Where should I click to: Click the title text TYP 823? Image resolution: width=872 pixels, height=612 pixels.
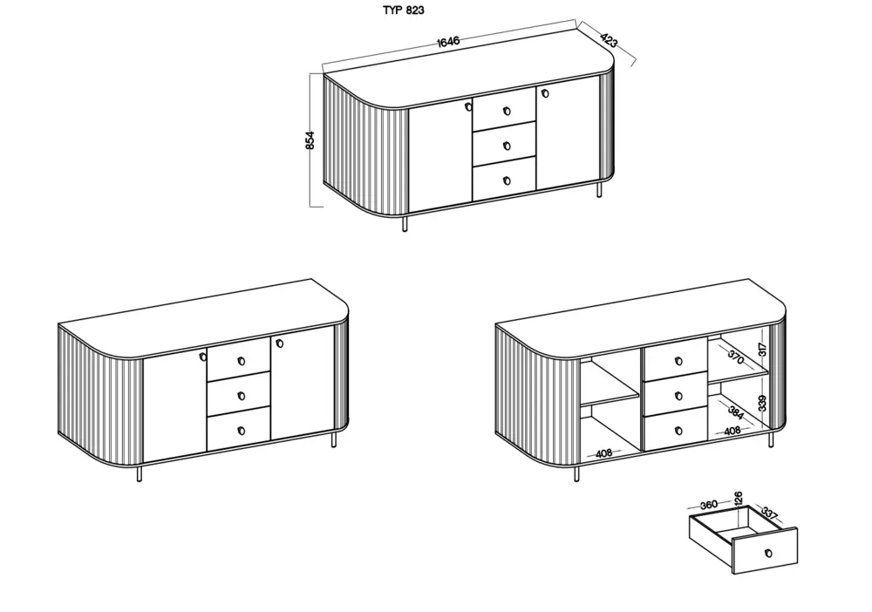pyautogui.click(x=404, y=11)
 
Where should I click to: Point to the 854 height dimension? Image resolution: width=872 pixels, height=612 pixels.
pyautogui.click(x=310, y=141)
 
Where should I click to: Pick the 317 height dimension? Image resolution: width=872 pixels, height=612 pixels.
pyautogui.click(x=762, y=351)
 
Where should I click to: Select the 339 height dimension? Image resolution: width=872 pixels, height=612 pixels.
pyautogui.click(x=762, y=403)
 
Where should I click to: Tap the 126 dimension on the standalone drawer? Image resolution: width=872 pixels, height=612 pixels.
pyautogui.click(x=738, y=500)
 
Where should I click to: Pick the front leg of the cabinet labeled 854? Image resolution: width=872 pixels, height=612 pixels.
pyautogui.click(x=404, y=224)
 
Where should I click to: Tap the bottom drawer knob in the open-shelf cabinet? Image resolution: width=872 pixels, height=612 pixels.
pyautogui.click(x=678, y=431)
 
